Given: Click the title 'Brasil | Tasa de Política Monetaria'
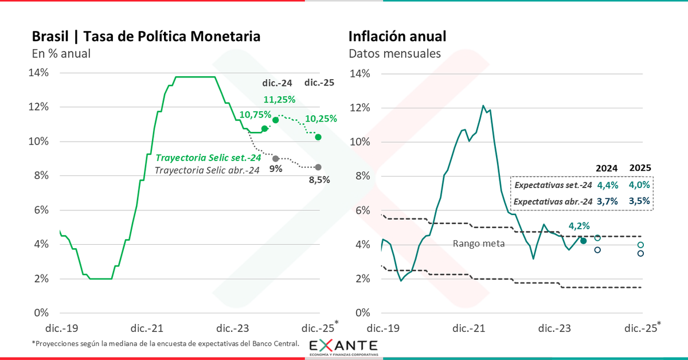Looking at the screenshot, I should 146,37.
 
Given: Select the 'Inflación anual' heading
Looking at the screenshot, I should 397,37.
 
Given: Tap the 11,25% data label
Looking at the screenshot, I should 279,99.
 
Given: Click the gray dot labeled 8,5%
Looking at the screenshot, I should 318,167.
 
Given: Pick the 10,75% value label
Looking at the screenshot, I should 255,115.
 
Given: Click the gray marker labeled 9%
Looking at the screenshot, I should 276,159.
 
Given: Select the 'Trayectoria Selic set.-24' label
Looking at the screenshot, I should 209,157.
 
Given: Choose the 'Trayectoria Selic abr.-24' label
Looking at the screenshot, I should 207,170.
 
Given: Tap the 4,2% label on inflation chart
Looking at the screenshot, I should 580,226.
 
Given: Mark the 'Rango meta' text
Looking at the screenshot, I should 479,244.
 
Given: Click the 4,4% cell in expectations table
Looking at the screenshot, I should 607,185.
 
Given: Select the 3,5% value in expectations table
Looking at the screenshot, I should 640,201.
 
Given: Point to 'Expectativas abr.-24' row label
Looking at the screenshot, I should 553,202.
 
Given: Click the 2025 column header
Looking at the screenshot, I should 640,168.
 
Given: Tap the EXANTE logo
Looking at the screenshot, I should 343,347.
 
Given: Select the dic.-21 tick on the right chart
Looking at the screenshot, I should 469,328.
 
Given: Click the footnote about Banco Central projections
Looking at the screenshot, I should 166,343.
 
